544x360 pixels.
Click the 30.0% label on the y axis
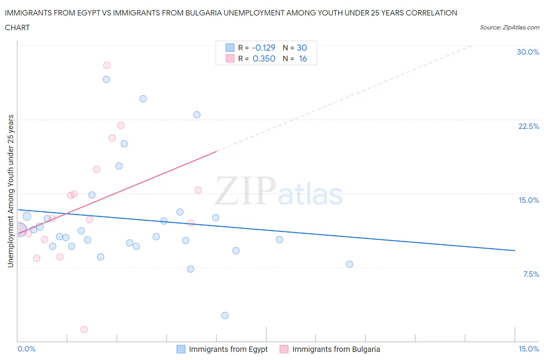[528, 52]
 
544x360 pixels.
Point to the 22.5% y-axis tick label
[529, 126]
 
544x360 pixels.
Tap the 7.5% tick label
[531, 274]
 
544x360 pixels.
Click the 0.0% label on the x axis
[27, 349]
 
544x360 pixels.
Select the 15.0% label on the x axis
[529, 349]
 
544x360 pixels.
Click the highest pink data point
[107, 65]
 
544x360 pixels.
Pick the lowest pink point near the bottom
[84, 329]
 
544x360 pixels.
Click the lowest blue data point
[225, 315]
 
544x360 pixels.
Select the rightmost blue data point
[350, 264]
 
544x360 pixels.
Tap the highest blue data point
[106, 79]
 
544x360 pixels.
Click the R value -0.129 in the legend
[263, 48]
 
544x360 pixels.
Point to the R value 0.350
[264, 58]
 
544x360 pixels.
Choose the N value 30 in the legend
[302, 48]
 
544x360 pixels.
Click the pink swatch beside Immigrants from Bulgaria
[284, 349]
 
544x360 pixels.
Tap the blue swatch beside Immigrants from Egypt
[181, 349]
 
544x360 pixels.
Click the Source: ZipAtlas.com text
[509, 27]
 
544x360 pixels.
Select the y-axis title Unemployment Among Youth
[10, 191]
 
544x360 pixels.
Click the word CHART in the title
[17, 27]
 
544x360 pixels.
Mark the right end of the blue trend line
[515, 250]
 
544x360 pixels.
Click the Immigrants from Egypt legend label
[228, 349]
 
